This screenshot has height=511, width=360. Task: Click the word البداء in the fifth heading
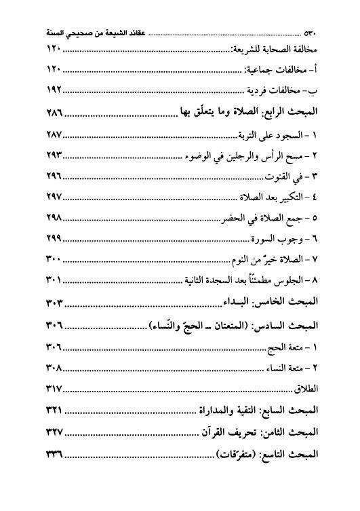point(226,302)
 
